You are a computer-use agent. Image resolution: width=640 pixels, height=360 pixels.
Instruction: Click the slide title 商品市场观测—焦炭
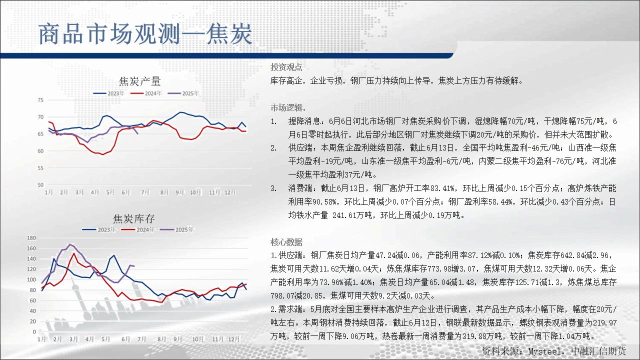145,34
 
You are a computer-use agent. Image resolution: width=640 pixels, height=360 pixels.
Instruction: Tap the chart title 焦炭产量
139,81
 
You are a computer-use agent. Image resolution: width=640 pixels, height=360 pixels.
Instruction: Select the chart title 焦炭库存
133,219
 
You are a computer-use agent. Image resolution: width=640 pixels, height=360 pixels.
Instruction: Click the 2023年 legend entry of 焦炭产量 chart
109,93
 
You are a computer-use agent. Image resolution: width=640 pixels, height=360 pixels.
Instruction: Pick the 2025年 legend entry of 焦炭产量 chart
183,93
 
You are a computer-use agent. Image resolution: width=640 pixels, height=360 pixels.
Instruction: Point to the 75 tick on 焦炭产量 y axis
40,100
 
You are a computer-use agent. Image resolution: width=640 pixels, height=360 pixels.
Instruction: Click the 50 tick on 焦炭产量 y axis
40,185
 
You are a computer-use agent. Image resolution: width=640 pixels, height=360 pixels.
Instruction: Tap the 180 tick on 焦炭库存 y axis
31,238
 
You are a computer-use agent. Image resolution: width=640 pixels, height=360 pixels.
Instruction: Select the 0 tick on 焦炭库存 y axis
34,331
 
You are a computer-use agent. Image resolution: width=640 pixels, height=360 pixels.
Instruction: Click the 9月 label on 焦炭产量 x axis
179,192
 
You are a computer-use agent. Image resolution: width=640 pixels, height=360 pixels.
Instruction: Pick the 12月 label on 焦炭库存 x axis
233,339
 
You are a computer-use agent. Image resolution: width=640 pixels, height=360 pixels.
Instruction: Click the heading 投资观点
286,67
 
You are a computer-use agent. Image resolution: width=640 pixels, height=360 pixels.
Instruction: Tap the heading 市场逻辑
288,107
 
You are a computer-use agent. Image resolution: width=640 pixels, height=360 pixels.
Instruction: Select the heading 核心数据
286,242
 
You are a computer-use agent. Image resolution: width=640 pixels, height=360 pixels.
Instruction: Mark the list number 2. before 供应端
273,148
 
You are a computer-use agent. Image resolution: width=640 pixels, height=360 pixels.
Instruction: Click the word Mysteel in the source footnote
544,351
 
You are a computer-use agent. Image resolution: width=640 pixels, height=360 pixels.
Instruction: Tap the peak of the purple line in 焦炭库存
70,244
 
